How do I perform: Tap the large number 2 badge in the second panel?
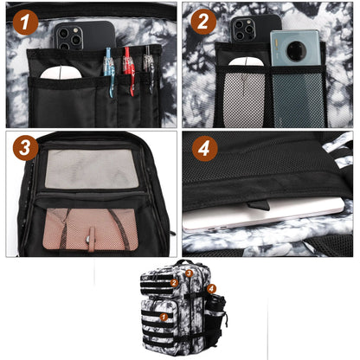coord(204,22)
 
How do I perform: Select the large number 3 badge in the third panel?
coord(26,148)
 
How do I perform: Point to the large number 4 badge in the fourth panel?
coord(204,148)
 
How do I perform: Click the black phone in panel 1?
coord(81,36)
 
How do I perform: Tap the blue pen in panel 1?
coord(108,69)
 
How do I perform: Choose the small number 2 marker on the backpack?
coord(174,282)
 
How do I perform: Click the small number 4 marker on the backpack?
coord(211,288)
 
